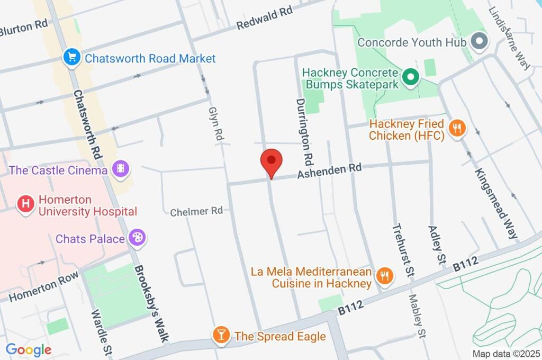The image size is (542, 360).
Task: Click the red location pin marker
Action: [x=272, y=161]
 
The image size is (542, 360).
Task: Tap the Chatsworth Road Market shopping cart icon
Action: [x=70, y=58]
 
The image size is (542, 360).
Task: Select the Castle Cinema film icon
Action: [x=121, y=170]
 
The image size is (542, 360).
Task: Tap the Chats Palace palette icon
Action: [x=138, y=239]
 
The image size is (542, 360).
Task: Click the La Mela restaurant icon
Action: [x=384, y=276]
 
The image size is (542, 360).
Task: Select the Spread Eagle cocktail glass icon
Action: [x=220, y=335]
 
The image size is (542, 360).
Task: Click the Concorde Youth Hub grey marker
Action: [x=480, y=42]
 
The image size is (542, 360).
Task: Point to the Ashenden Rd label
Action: [x=329, y=171]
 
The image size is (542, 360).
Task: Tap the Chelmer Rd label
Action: [x=196, y=211]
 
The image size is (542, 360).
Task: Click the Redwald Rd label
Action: [x=264, y=18]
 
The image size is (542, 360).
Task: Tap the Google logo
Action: [x=28, y=349]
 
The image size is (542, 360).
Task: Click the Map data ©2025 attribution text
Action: [x=505, y=354]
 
